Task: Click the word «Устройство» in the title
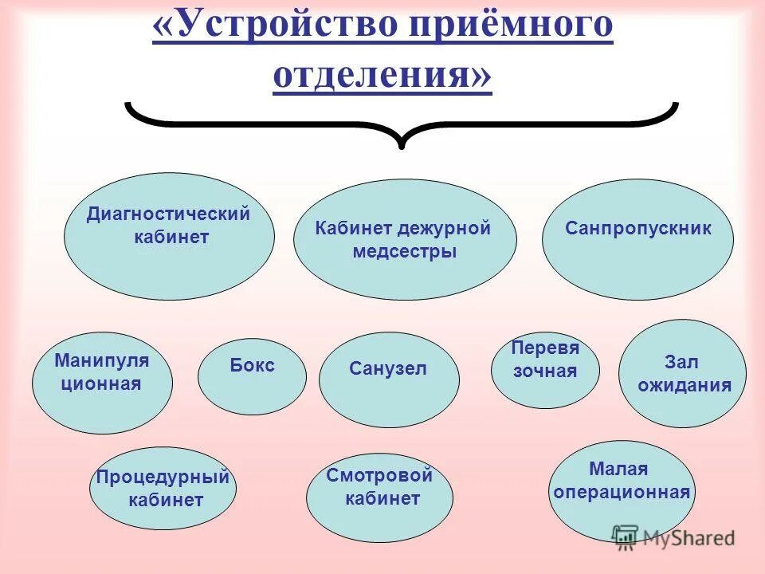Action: click(x=275, y=27)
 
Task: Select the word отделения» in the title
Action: click(x=382, y=78)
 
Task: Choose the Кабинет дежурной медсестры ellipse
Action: click(x=405, y=239)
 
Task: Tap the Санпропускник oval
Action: click(x=637, y=240)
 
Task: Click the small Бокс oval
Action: click(x=252, y=376)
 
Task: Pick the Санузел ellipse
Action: click(x=389, y=379)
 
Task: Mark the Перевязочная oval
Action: click(x=545, y=371)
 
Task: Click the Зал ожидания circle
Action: click(x=683, y=373)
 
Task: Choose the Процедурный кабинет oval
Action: click(x=163, y=488)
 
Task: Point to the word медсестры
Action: click(x=404, y=252)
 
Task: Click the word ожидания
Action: click(x=684, y=387)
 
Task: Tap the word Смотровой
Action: click(x=379, y=477)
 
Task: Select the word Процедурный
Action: click(x=163, y=478)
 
